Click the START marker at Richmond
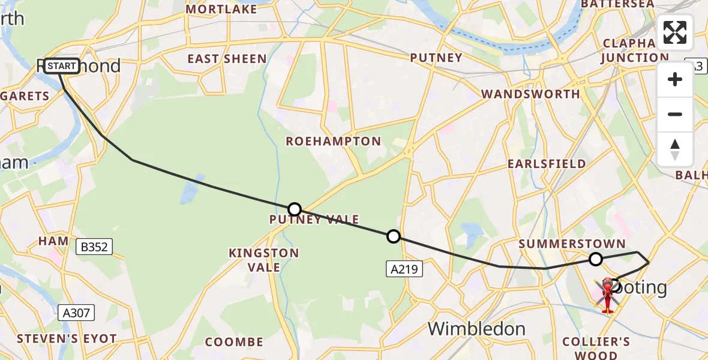point(61,65)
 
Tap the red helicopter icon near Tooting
point(607,295)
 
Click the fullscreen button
point(675,32)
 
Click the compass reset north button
point(675,149)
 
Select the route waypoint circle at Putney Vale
point(294,209)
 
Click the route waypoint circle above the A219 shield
point(393,236)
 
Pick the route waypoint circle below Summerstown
point(595,259)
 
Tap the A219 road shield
point(404,269)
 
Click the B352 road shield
point(94,246)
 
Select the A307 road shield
point(76,312)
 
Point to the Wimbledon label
point(477,329)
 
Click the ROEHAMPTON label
point(333,142)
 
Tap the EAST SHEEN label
point(227,59)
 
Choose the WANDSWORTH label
point(530,94)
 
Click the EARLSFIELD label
point(546,164)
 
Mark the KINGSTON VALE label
point(263,260)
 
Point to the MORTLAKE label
point(221,9)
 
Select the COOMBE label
point(234,342)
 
